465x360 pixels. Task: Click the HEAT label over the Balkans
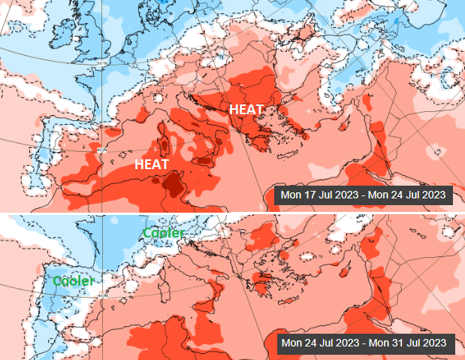(246, 109)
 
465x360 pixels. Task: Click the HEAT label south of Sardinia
(152, 163)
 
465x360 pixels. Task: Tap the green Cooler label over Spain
(73, 280)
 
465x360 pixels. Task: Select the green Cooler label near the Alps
(164, 234)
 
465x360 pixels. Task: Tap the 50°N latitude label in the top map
(102, 65)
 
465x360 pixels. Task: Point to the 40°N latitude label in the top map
(102, 150)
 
